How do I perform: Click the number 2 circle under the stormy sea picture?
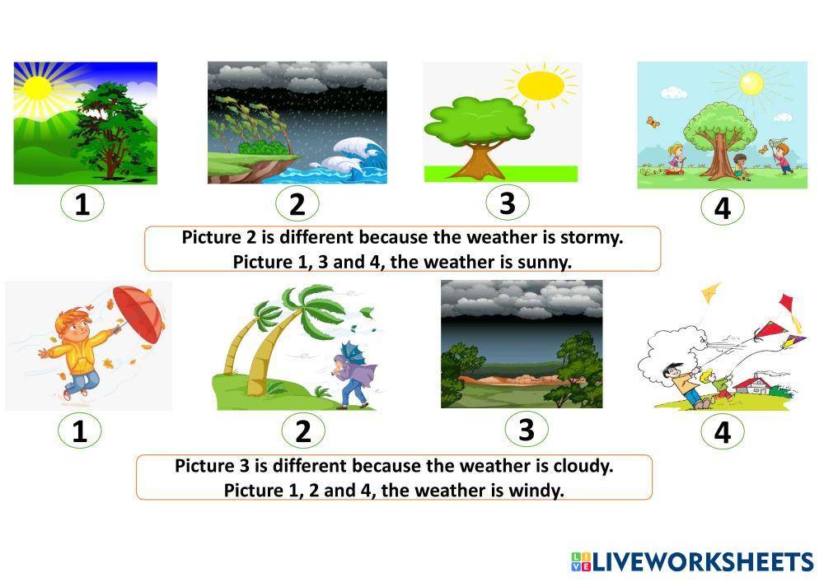point(297,203)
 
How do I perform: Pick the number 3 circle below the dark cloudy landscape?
point(527,429)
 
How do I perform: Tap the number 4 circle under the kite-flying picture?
point(723,432)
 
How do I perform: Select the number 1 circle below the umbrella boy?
point(79,431)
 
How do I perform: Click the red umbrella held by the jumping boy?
point(139,314)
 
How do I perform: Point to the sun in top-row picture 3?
point(541,86)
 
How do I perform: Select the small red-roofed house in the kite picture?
point(752,386)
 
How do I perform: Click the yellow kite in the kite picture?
point(710,291)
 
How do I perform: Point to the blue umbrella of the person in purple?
point(353,352)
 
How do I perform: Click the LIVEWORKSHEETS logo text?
point(702,562)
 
